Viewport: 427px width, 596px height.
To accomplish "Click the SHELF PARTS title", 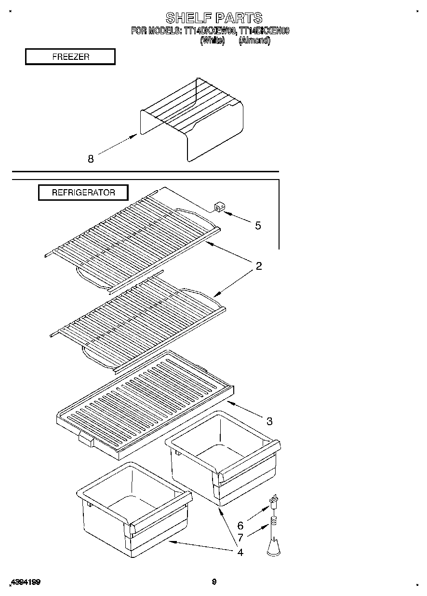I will pyautogui.click(x=213, y=18).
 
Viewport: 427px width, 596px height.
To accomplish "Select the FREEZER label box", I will pyautogui.click(x=70, y=56).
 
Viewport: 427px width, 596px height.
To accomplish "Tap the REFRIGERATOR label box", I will pyautogui.click(x=83, y=193).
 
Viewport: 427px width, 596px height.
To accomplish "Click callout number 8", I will pyautogui.click(x=91, y=158).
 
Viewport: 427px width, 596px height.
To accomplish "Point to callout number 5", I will pyautogui.click(x=258, y=225).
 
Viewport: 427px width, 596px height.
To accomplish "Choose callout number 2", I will pyautogui.click(x=259, y=266).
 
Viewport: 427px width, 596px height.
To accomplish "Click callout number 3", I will pyautogui.click(x=269, y=421).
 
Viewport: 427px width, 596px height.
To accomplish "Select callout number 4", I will pyautogui.click(x=240, y=552).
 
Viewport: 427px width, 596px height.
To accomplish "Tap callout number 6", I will pyautogui.click(x=240, y=526).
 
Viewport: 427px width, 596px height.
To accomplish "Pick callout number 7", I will pyautogui.click(x=240, y=538).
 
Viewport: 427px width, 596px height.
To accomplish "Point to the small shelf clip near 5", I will pyautogui.click(x=220, y=208).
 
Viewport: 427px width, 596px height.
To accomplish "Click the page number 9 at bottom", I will pyautogui.click(x=214, y=582).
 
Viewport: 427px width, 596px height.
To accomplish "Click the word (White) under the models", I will pyautogui.click(x=212, y=41).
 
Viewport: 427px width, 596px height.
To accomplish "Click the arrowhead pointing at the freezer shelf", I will pyautogui.click(x=135, y=137).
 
